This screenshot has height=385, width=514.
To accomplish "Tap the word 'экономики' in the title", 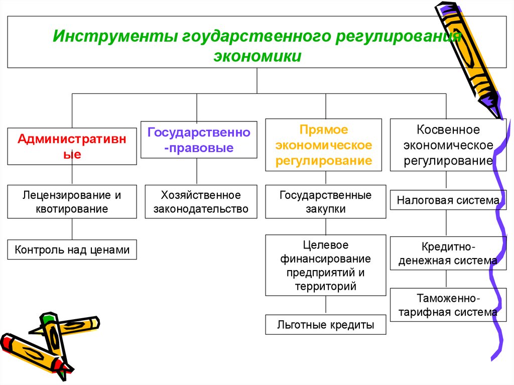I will tap(258, 56).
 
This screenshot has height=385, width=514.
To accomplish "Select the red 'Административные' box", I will tap(72, 146).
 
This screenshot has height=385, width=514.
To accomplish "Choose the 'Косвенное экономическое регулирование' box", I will tap(448, 145).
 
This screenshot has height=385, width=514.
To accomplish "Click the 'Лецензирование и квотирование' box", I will tap(72, 201).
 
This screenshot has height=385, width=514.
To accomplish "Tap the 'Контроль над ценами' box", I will tap(72, 249).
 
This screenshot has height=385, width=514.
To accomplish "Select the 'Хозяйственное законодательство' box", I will tap(201, 201).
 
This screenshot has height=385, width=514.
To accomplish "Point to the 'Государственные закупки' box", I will tap(325, 201).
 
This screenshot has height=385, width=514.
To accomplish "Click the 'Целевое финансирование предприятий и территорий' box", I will tap(325, 266).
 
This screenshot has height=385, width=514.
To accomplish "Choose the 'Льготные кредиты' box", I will tap(325, 325).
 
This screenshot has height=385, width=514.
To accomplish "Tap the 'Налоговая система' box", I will tap(448, 201).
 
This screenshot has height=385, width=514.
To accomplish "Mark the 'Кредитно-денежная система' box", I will tap(448, 254).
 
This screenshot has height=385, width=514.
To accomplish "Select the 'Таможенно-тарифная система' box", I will tap(448, 305).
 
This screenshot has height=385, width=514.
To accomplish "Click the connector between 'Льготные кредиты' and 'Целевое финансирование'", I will tap(326, 305).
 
